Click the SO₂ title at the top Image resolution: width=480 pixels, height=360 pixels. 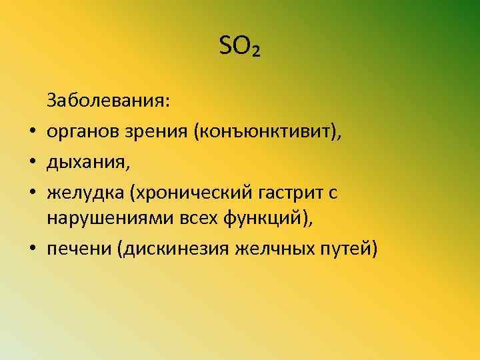pyautogui.click(x=240, y=47)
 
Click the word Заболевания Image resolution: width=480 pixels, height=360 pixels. pyautogui.click(x=108, y=102)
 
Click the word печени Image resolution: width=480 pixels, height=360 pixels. pyautogui.click(x=77, y=249)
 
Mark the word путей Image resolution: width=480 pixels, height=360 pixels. pyautogui.click(x=350, y=249)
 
